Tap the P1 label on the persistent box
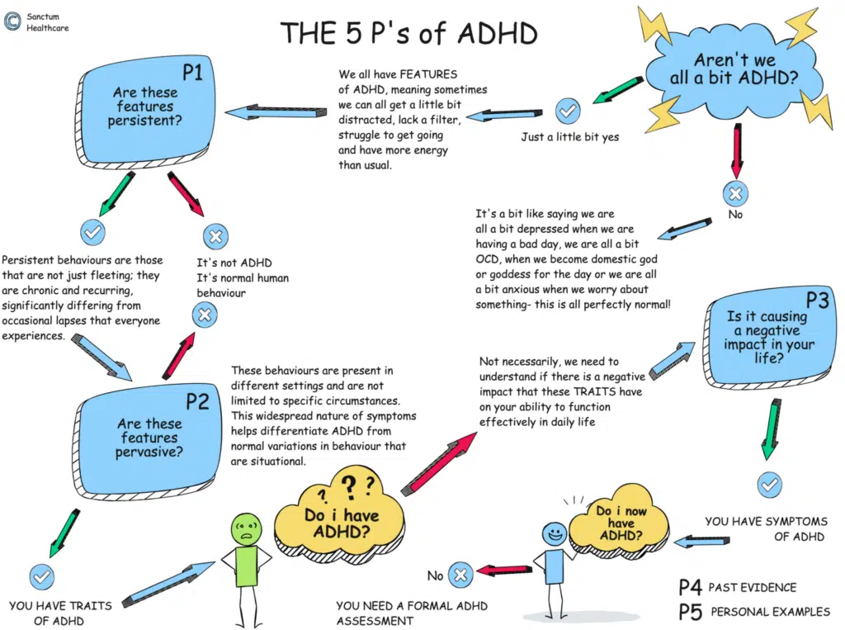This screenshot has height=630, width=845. [192, 73]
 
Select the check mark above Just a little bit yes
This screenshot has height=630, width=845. [569, 110]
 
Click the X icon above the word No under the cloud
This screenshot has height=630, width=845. [734, 194]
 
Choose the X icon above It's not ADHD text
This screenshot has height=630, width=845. [215, 238]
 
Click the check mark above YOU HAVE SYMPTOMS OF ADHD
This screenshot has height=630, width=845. [770, 485]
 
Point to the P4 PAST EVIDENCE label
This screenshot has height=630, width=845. [737, 587]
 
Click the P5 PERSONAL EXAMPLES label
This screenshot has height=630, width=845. [752, 612]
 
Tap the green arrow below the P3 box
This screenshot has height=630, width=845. [770, 427]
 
